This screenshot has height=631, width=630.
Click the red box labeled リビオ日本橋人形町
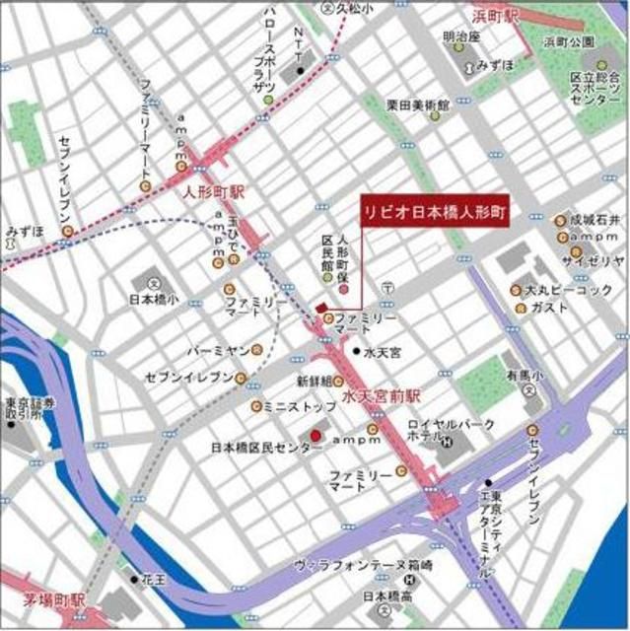[x=435, y=212]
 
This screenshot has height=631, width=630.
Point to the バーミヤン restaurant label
[x=216, y=349]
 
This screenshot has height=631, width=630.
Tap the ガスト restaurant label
[x=548, y=308]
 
